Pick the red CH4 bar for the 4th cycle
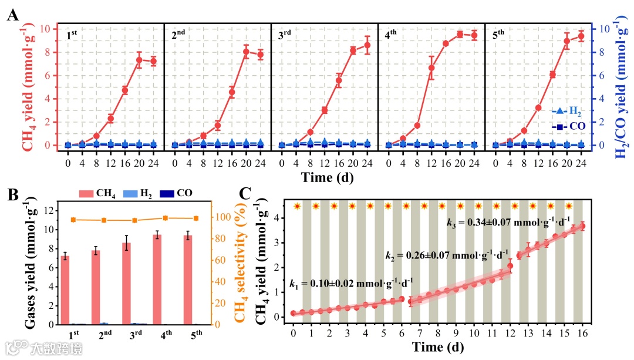coord(157,280)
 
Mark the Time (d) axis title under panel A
coord(327,176)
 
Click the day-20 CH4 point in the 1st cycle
coord(139,59)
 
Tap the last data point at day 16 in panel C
coord(582,226)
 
